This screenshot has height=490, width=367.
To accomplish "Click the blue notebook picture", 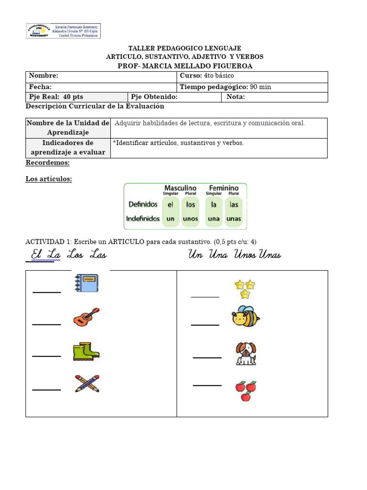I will (x=86, y=283).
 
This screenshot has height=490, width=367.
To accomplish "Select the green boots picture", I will (x=86, y=352).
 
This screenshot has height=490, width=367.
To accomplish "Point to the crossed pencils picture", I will (x=87, y=384).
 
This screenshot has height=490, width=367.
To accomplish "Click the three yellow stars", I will (x=245, y=289).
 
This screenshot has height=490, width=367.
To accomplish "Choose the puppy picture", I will (x=246, y=354).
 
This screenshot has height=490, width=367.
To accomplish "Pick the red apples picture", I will (x=246, y=390).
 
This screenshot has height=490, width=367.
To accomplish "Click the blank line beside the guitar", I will (x=46, y=324).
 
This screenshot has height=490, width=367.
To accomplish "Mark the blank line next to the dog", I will (x=207, y=357).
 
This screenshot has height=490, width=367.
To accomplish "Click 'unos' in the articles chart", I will (x=190, y=219).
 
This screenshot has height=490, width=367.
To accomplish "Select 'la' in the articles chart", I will (x=214, y=204).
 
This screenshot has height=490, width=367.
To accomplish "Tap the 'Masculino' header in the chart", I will (x=180, y=188).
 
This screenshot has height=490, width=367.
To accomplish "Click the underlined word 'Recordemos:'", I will (x=47, y=163).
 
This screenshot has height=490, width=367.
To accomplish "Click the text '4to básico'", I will (x=219, y=76).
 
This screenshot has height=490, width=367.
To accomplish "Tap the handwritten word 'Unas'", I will (x=270, y=255).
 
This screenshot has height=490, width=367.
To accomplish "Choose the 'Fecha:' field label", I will (x=40, y=87).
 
